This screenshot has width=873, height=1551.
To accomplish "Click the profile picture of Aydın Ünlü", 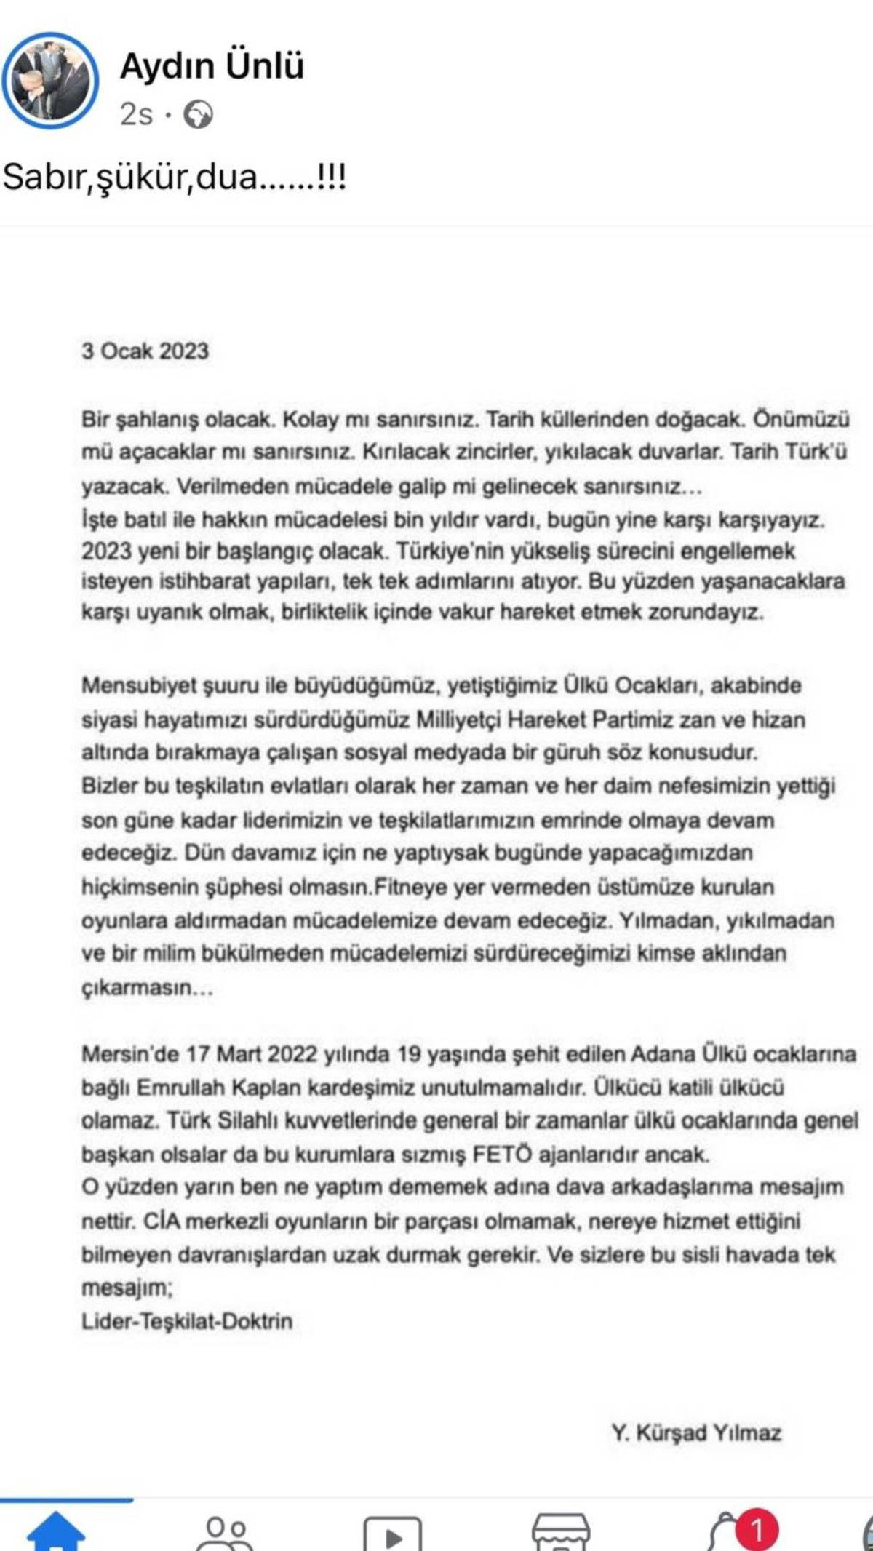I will point(49,81).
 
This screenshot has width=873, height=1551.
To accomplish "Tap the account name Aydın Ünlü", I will point(212,66).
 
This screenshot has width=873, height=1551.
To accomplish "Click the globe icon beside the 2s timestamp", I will point(198,115).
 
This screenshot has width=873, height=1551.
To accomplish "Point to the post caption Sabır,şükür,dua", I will point(175,177).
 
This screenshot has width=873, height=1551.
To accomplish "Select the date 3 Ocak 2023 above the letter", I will point(145,351).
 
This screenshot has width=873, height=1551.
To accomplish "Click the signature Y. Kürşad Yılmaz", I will point(696,1432).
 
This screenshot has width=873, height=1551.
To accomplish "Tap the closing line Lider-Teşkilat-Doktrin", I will point(187,1320).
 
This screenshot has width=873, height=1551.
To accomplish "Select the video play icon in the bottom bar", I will point(392,1535).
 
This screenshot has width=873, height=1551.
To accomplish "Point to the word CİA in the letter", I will point(160,1221).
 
